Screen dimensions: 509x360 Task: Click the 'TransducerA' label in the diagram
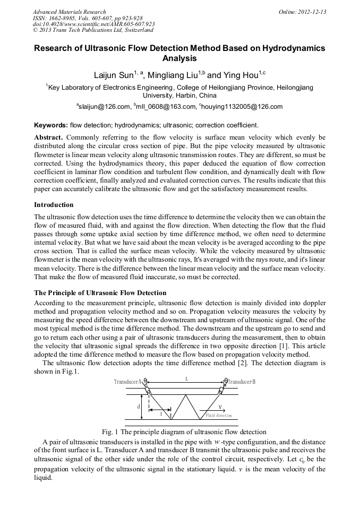coord(128,382)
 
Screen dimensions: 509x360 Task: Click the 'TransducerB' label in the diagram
coord(241,382)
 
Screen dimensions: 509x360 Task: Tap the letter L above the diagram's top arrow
coord(186,379)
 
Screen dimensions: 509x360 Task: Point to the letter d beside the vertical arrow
coord(139,406)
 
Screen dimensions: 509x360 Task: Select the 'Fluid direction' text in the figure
coord(218,415)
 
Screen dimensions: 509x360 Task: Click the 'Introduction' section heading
coord(54,205)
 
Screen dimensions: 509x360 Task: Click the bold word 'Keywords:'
coord(51,125)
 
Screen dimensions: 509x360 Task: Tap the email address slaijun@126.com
coord(104,107)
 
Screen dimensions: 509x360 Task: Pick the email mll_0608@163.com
coord(166,107)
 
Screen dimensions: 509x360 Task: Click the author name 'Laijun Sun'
coord(112,75)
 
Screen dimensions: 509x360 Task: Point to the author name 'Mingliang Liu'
coord(175,75)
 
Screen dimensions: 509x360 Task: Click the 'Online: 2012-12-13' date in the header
coord(302,12)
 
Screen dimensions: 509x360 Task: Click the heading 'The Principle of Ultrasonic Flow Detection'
coord(100,292)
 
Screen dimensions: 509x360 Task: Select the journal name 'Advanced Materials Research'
coord(70,12)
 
